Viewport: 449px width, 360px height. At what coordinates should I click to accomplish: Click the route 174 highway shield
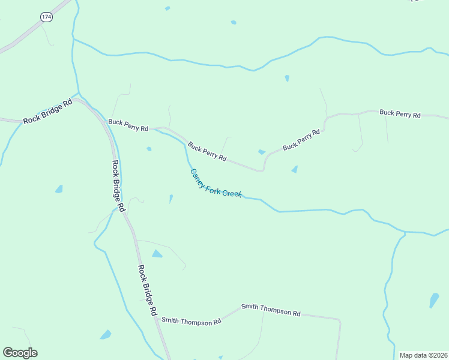[47, 17]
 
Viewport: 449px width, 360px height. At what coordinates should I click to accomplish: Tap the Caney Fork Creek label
[215, 184]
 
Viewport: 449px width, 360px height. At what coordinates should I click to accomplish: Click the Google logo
[20, 353]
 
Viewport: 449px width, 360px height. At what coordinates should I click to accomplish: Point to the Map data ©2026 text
[423, 355]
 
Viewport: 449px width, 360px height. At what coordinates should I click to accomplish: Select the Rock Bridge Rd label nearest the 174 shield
[47, 112]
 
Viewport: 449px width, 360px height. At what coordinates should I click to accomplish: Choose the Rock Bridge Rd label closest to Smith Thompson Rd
[147, 291]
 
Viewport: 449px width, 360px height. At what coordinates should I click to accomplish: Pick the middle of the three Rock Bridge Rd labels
[118, 185]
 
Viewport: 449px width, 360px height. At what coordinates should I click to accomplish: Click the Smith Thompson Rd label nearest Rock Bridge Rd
[191, 322]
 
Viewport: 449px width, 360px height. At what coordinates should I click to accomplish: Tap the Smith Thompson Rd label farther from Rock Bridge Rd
[271, 310]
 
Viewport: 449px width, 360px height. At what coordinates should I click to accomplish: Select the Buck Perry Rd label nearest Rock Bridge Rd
[128, 125]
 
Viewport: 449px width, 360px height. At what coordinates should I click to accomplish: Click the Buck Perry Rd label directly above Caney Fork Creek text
[207, 151]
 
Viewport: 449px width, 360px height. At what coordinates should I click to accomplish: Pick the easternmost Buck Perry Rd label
[400, 113]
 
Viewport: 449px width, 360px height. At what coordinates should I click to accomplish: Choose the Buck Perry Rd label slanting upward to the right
[301, 139]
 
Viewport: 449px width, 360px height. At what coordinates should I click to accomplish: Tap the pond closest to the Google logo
[106, 335]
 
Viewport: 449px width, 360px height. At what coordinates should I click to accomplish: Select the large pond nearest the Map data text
[434, 300]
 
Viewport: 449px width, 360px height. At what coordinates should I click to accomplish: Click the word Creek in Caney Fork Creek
[232, 193]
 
